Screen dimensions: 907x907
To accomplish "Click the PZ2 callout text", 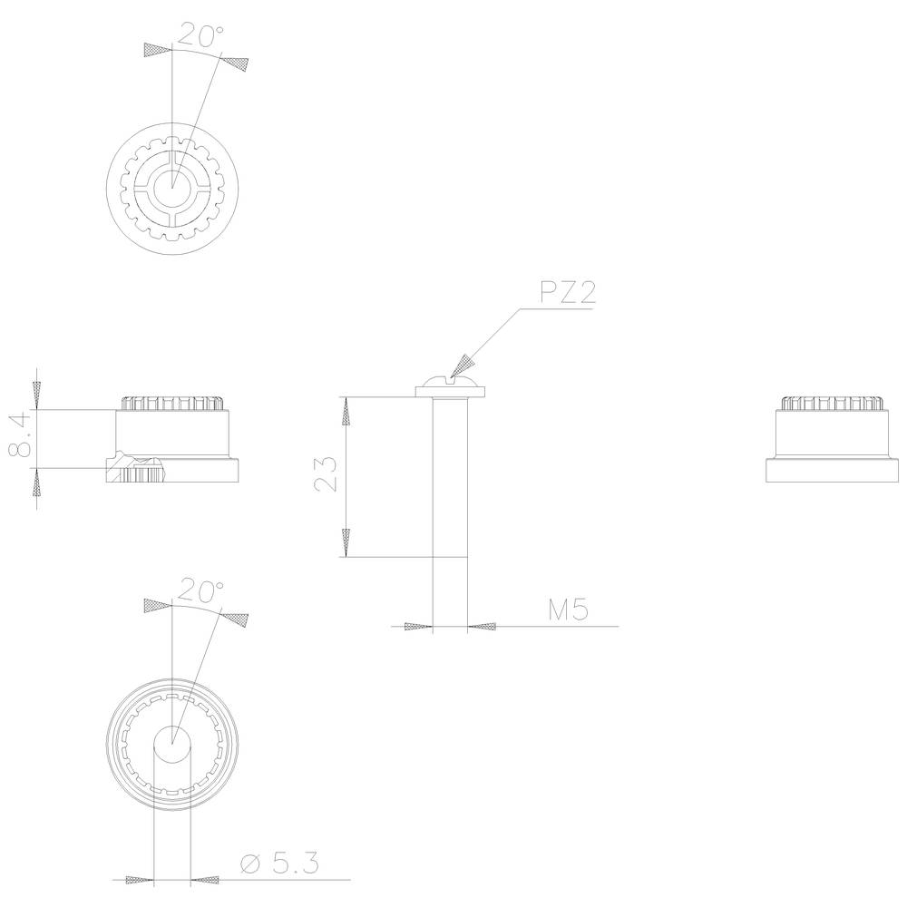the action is (567, 292).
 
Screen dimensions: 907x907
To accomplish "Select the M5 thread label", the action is (568, 610).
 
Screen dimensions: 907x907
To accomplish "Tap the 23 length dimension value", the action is (327, 473).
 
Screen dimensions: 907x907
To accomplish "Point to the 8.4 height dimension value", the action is (22, 434).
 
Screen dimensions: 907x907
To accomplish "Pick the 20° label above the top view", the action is (200, 34).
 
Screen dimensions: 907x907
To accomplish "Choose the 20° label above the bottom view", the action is (200, 590).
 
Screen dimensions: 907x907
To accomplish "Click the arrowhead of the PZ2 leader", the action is (463, 366).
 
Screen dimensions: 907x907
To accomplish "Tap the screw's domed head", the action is (450, 381).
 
